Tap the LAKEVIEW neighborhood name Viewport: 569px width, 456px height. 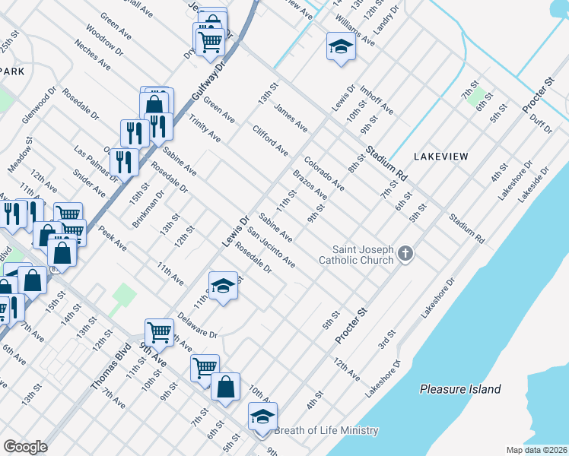click(440, 156)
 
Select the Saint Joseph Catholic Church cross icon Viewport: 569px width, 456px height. click(405, 254)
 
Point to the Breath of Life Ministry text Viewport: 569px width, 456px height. click(326, 430)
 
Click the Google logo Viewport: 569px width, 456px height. click(25, 446)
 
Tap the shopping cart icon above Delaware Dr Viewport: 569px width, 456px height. click(160, 330)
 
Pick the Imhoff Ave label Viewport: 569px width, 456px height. click(377, 100)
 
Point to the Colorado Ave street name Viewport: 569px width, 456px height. click(324, 174)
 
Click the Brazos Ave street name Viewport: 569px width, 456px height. click(310, 186)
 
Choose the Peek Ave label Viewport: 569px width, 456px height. click(113, 240)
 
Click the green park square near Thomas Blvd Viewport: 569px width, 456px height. click(122, 295)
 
